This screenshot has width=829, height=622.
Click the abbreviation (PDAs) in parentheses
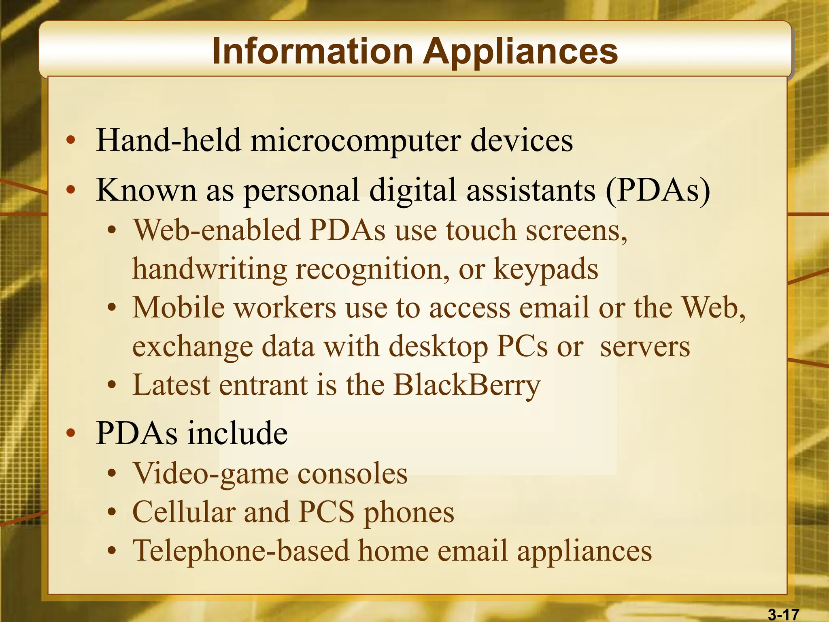click(x=658, y=190)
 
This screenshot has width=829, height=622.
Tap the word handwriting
click(x=209, y=269)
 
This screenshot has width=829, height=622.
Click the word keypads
click(x=545, y=270)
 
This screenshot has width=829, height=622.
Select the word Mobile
click(x=178, y=307)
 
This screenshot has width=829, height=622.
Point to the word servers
click(x=645, y=347)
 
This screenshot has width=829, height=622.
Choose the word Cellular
click(x=184, y=512)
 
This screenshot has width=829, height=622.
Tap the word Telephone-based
click(x=241, y=551)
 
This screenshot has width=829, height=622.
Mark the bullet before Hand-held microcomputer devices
click(x=71, y=141)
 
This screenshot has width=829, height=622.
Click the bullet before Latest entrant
click(x=112, y=385)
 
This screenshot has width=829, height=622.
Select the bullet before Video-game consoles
click(x=112, y=473)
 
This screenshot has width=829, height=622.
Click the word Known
click(x=146, y=190)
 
